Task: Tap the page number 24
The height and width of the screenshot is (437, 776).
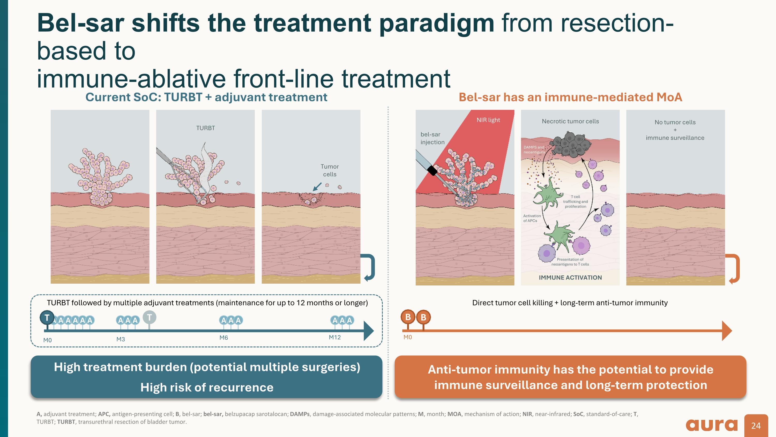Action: [756, 426]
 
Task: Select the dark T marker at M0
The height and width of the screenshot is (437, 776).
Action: [47, 318]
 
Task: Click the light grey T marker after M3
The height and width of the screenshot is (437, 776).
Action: [150, 317]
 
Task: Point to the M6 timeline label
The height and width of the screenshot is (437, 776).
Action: [223, 338]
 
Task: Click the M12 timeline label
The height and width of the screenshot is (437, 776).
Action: [335, 337]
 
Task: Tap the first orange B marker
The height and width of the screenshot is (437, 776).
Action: [408, 317]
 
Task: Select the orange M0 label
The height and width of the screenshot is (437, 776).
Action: [408, 337]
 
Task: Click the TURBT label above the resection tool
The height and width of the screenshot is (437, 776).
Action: [205, 128]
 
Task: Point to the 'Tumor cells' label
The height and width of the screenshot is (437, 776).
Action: [330, 170]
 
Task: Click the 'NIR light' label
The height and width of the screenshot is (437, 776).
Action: [488, 120]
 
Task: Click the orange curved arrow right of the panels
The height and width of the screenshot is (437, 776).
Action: [734, 268]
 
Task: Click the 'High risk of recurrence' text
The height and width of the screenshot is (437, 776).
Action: [207, 387]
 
